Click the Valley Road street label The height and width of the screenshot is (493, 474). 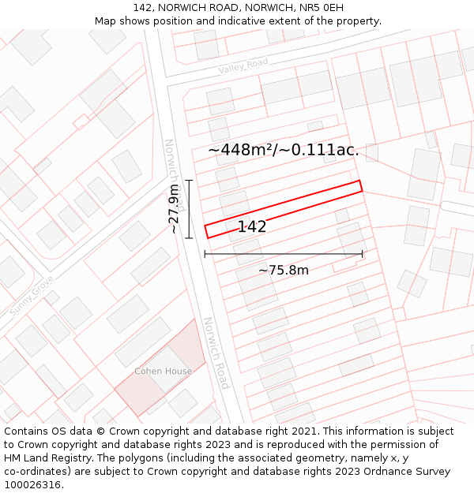243,67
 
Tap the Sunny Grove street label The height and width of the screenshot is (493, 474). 32,296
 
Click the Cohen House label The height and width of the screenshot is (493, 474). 163,371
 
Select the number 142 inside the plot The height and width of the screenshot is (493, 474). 252,227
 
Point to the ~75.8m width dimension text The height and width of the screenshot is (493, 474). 284,271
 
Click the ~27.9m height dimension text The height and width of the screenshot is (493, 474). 174,209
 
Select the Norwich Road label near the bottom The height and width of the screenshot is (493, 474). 215,353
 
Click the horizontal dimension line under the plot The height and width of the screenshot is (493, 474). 284,254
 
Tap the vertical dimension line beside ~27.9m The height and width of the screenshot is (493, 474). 189,209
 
